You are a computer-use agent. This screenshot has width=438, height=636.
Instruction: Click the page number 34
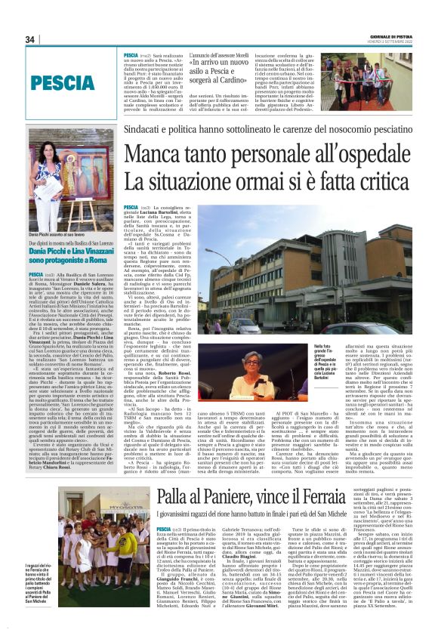(31, 39)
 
